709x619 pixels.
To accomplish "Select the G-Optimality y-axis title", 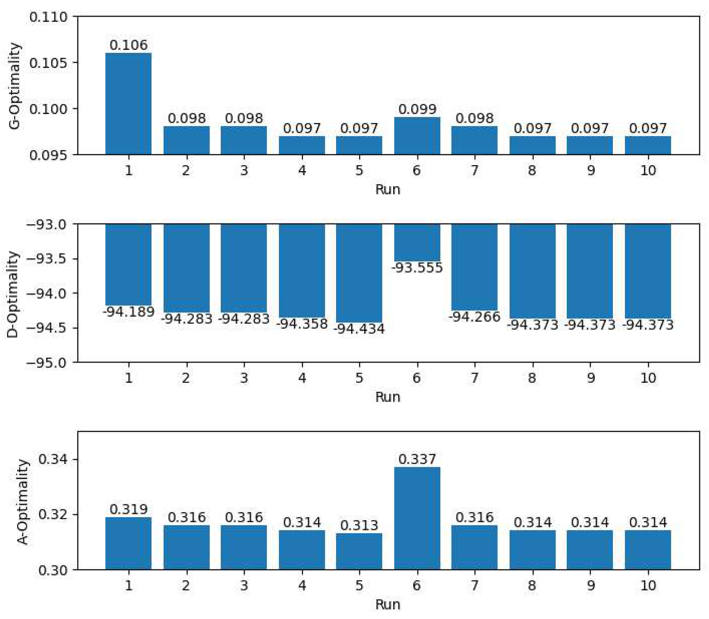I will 15,86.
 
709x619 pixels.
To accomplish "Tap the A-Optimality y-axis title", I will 23,502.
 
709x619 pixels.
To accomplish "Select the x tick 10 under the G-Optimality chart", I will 648,170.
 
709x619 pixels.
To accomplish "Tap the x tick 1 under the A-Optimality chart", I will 129,586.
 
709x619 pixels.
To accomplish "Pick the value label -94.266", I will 474,317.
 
